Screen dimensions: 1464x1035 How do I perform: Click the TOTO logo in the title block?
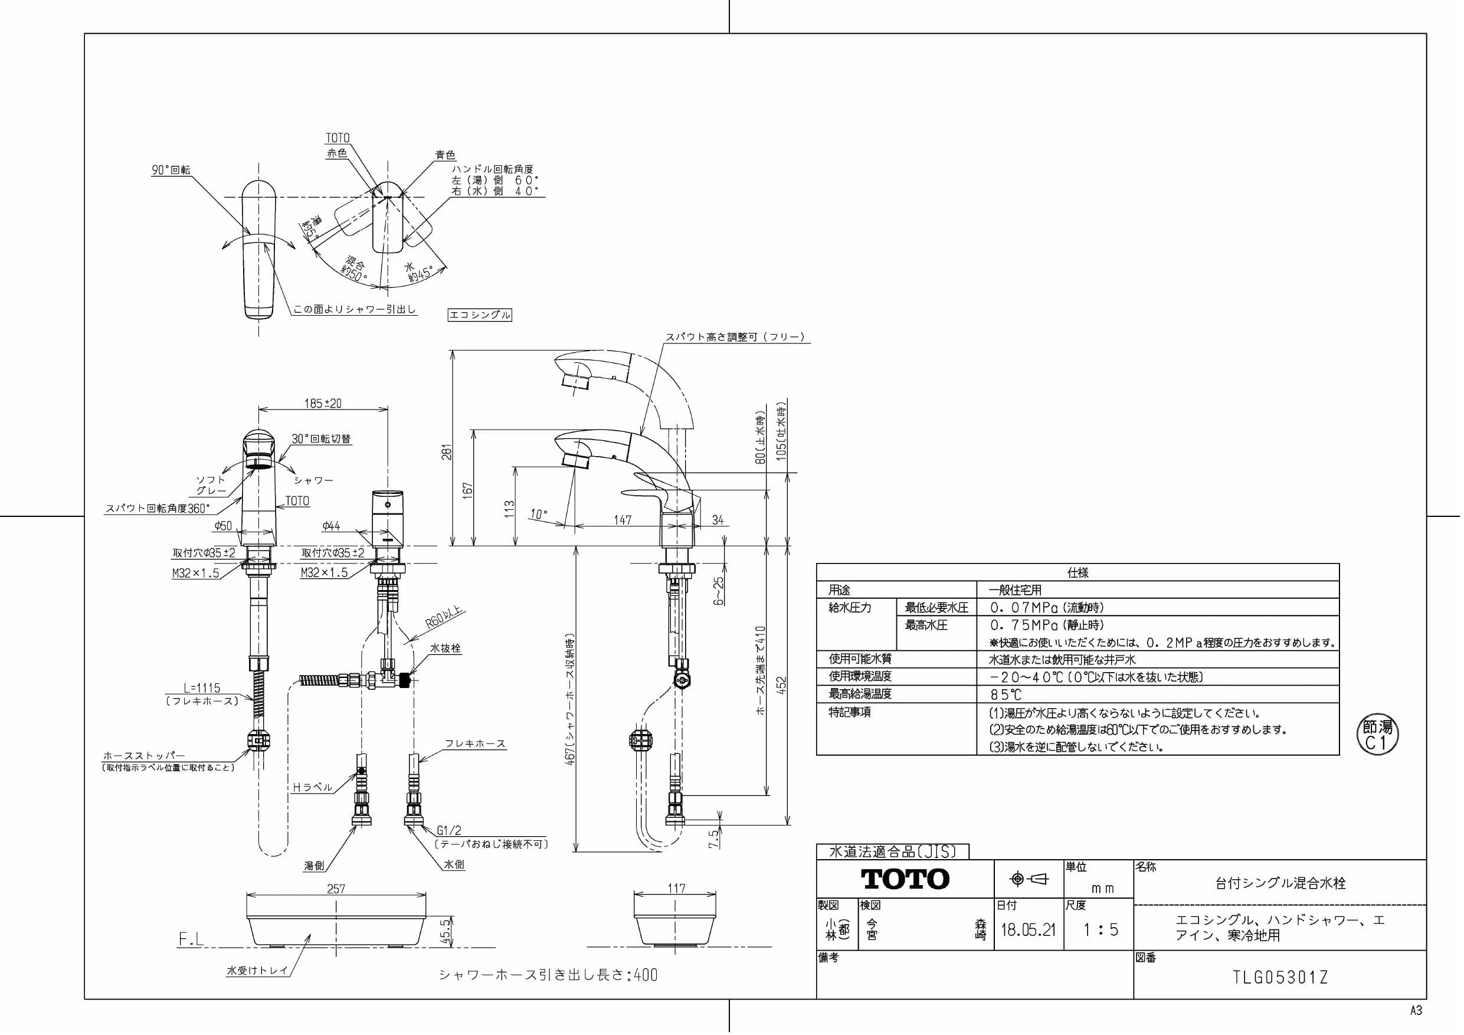click(x=905, y=879)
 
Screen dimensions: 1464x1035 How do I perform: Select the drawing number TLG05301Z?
click(x=1280, y=978)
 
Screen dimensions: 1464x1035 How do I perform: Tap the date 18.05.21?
click(x=1028, y=929)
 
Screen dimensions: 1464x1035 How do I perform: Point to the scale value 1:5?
click(x=1101, y=929)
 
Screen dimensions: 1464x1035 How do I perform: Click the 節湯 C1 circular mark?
click(x=1377, y=735)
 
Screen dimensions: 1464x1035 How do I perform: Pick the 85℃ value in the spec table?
click(x=1006, y=695)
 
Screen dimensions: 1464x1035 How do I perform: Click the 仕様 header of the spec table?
click(x=1077, y=572)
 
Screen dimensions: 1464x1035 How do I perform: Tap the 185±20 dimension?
click(x=323, y=403)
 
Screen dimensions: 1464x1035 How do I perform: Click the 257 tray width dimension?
click(x=336, y=888)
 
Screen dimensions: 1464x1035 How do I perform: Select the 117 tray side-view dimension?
click(x=676, y=887)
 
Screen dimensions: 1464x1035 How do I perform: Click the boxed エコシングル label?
click(x=480, y=315)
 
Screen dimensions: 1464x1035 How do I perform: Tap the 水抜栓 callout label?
click(x=445, y=648)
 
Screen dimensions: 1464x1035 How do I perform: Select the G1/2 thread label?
click(x=449, y=830)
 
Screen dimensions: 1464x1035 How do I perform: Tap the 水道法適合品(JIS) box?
click(x=893, y=851)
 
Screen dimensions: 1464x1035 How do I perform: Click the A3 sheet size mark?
click(x=1416, y=1011)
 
